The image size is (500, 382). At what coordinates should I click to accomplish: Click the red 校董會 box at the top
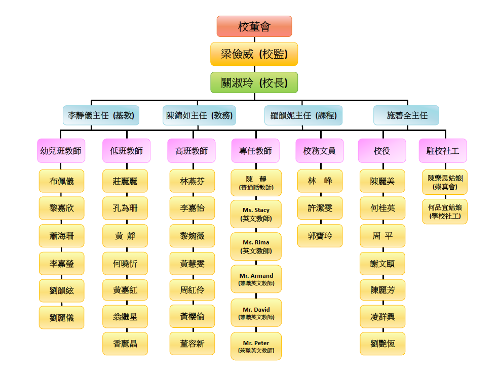pos(254,26)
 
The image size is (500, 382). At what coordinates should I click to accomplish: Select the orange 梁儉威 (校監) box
pos(254,54)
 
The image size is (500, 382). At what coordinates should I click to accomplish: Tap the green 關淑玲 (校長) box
pos(254,82)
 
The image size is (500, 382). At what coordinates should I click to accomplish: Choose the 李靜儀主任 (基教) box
pos(101,115)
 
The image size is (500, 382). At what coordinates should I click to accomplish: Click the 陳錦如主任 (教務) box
pos(200,115)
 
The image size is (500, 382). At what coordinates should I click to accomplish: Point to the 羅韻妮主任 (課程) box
pos(303,115)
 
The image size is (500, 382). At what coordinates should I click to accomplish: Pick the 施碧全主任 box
pos(406,115)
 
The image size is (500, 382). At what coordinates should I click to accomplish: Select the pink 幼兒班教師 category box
pos(61,151)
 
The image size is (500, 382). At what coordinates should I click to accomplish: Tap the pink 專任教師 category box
pos(255,151)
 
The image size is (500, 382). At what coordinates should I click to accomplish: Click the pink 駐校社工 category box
pos(443,151)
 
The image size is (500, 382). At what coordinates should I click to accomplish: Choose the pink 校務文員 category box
pos(320,151)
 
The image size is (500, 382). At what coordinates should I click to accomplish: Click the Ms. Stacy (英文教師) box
pos(256,214)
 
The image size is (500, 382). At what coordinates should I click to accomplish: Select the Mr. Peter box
pos(256,347)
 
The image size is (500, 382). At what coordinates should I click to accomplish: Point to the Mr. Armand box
pos(256,279)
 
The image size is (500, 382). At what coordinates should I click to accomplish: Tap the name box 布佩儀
pos(61,181)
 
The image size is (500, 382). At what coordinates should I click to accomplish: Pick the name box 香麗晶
pos(125,344)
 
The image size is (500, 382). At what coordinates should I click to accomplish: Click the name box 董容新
pos(192,344)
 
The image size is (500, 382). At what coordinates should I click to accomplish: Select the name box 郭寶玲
pos(320,236)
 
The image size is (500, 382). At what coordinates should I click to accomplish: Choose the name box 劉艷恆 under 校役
pos(382,344)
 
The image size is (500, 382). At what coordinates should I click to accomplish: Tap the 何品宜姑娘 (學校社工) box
pos(444,211)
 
